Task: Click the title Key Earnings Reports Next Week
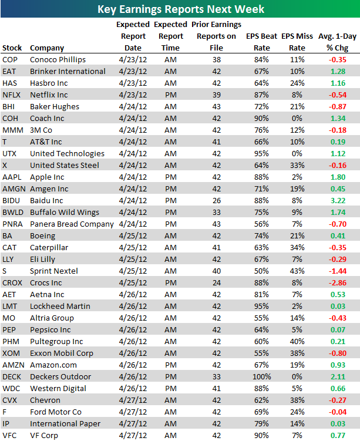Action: pos(180,9)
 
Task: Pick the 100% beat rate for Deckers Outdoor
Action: pos(261,376)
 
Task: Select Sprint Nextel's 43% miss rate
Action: pos(297,271)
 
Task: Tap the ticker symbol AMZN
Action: pos(13,365)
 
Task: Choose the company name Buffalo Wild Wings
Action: pos(64,212)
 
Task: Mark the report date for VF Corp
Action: pos(132,435)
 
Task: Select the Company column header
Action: pos(47,48)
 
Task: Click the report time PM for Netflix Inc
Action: pos(170,95)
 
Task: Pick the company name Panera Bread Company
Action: pos(72,224)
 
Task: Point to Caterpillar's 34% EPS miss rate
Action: pos(297,247)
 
